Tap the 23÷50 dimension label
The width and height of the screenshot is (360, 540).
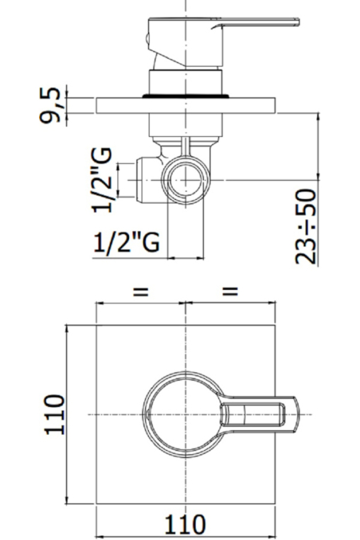pos(305,226)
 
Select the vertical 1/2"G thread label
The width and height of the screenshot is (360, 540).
pos(102,180)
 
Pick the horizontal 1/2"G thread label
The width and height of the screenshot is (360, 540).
pos(126,242)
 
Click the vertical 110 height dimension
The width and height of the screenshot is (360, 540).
pos(55,415)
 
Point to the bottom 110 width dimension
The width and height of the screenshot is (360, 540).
pos(186,524)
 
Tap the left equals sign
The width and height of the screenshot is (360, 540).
pos(140,292)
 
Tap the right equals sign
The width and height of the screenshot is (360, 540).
pos(230,292)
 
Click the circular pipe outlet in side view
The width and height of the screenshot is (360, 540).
pos(186,180)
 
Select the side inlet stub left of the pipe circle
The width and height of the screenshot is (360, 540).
pos(149,179)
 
